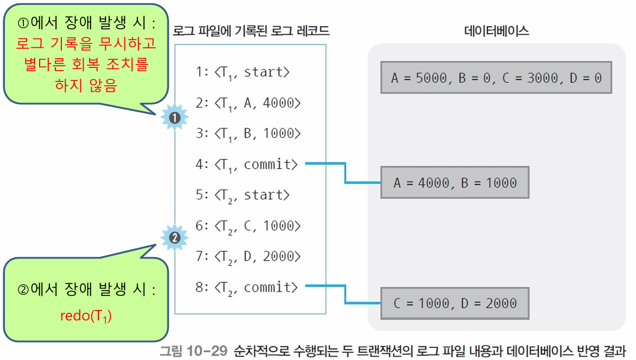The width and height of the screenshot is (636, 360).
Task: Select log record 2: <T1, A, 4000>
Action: pyautogui.click(x=248, y=103)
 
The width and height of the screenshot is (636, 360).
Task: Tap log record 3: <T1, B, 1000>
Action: pyautogui.click(x=248, y=134)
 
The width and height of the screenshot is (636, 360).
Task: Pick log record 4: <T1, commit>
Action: pyautogui.click(x=247, y=164)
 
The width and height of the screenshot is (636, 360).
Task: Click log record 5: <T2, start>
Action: pyautogui.click(x=243, y=195)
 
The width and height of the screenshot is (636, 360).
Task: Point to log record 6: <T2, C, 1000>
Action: pyautogui.click(x=248, y=225)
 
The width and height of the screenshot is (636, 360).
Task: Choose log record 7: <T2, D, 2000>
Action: pyautogui.click(x=248, y=256)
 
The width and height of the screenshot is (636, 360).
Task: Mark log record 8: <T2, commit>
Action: pyautogui.click(x=247, y=287)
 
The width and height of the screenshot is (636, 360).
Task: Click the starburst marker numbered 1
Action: pyautogui.click(x=174, y=117)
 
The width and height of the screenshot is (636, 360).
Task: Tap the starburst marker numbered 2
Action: pyautogui.click(x=174, y=237)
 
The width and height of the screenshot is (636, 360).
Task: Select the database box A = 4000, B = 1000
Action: pyautogui.click(x=455, y=182)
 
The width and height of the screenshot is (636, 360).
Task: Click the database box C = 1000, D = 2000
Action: pyautogui.click(x=455, y=303)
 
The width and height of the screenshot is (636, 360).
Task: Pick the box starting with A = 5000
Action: pyautogui.click(x=496, y=78)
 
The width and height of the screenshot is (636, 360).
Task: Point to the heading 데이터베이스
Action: pyautogui.click(x=496, y=31)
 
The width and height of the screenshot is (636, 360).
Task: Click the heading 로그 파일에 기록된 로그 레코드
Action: pyautogui.click(x=250, y=31)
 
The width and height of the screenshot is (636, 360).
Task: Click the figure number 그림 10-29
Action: pyautogui.click(x=193, y=351)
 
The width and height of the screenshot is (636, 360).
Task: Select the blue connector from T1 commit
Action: pyautogui.click(x=344, y=173)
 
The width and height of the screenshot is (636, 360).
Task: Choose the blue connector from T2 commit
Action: pyautogui.click(x=344, y=294)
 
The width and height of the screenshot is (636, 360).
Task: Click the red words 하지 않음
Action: pyautogui.click(x=86, y=85)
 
